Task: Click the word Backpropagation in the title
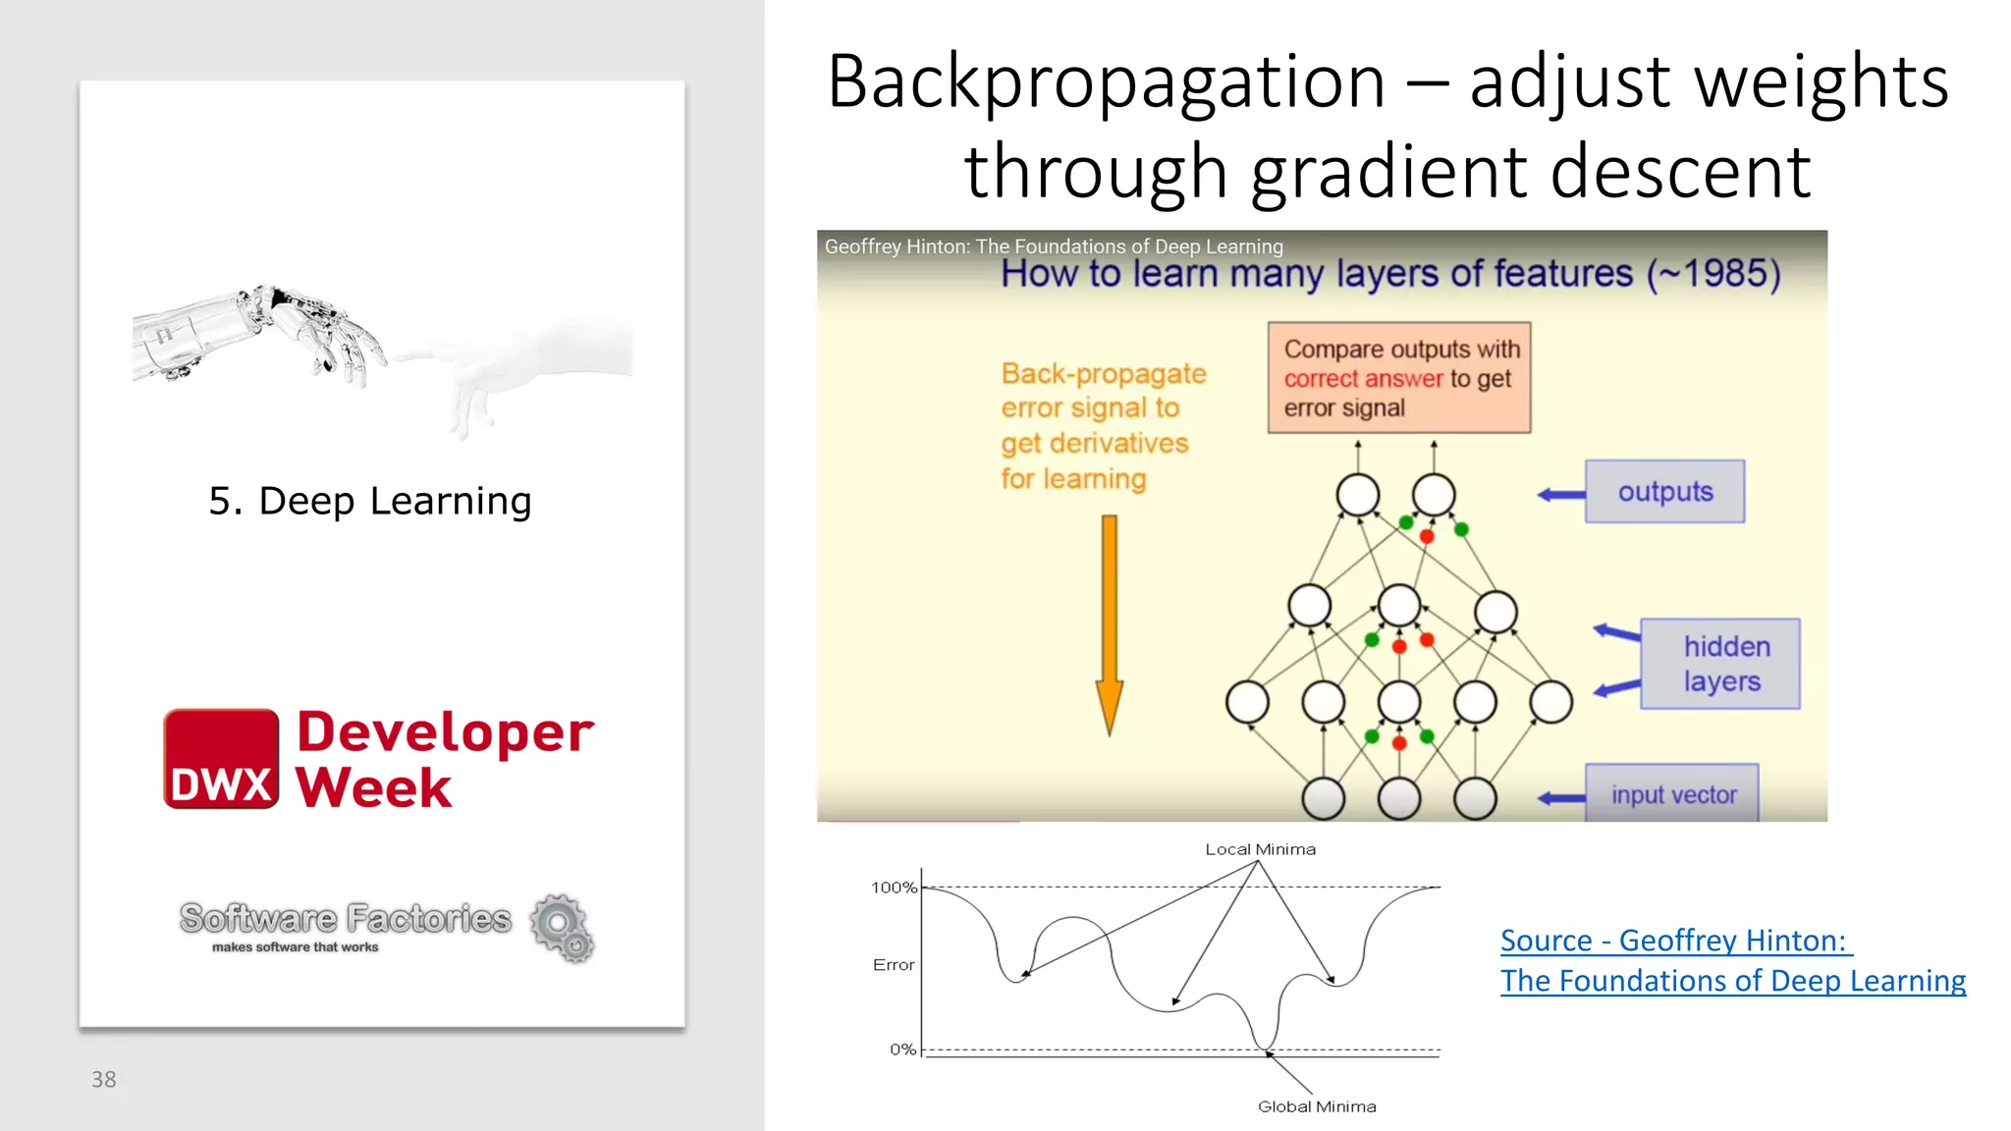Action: click(1106, 82)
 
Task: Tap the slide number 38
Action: click(103, 1079)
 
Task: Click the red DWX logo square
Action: click(221, 759)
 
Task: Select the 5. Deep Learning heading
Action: click(370, 501)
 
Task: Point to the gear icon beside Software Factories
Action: click(562, 927)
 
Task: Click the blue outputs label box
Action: click(1664, 491)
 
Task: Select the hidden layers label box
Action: click(1719, 664)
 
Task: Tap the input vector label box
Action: click(1672, 793)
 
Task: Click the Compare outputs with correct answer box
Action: click(1398, 378)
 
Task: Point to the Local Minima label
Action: click(1260, 849)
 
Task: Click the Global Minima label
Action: click(1317, 1106)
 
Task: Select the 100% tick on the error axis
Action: click(894, 888)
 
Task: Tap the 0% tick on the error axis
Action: click(902, 1050)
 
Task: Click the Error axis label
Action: click(893, 965)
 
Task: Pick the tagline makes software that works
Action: click(295, 947)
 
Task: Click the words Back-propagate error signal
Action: click(1102, 391)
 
